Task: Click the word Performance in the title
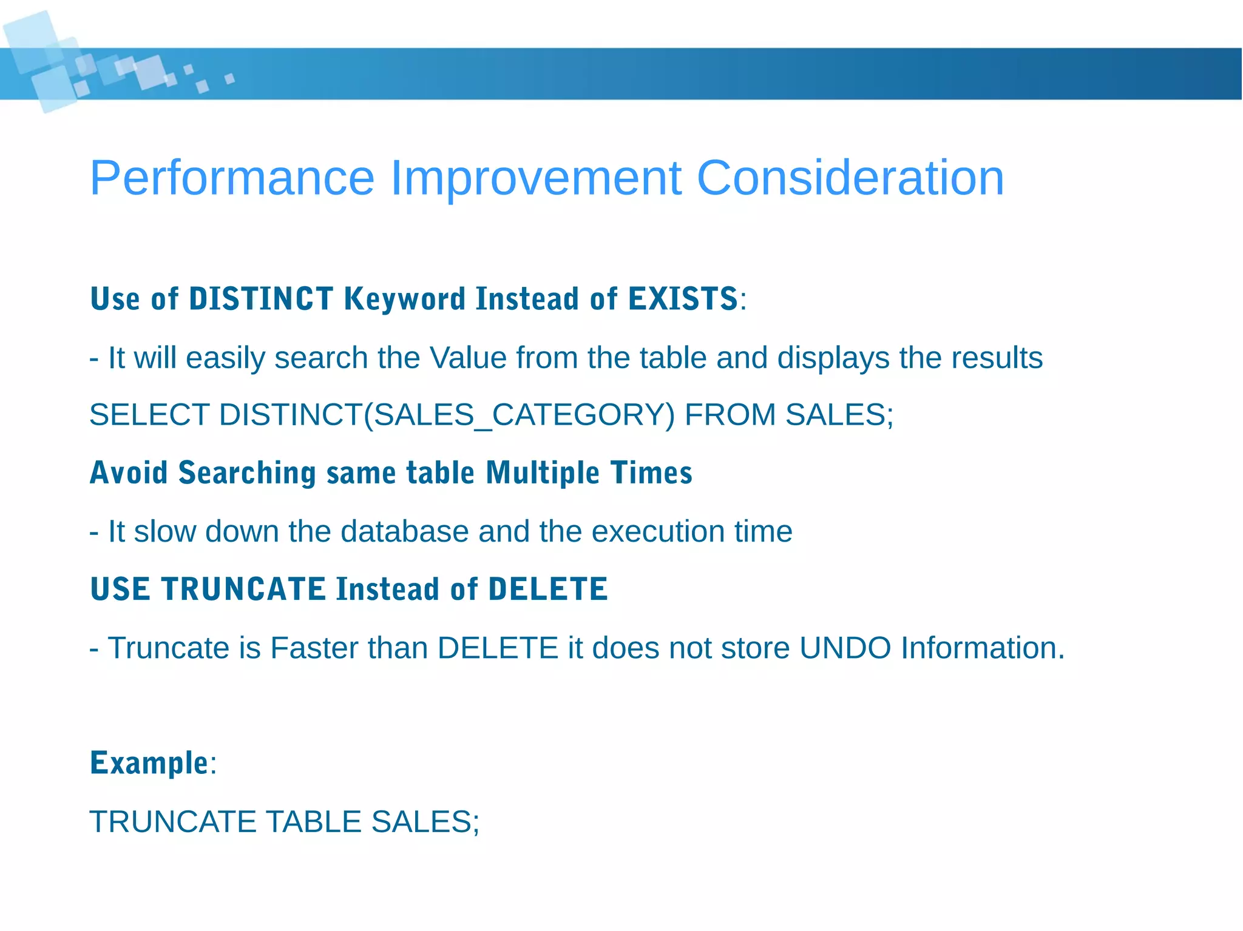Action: pos(232,178)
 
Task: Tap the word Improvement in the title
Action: pos(535,178)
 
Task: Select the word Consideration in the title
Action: pos(850,178)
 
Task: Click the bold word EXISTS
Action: pos(683,299)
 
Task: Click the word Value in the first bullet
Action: pos(468,358)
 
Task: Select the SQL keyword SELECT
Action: pos(149,415)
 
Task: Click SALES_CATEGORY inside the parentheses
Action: pos(519,415)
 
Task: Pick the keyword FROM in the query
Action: pos(730,415)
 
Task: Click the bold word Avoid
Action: pos(129,473)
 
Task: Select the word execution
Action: pos(658,532)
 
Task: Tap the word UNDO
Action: pos(845,648)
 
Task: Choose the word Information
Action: pos(982,648)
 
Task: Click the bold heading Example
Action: pos(149,764)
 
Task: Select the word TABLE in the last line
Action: pos(314,822)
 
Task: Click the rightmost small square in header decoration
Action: pos(229,78)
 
